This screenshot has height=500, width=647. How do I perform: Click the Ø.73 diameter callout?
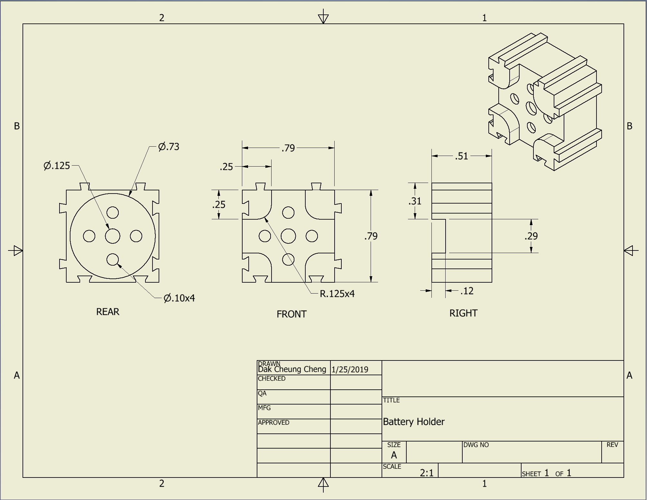click(169, 147)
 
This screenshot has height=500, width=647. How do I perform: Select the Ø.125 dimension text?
click(57, 166)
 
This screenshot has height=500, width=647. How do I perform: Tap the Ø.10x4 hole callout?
click(179, 298)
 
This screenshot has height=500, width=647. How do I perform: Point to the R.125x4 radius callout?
click(337, 294)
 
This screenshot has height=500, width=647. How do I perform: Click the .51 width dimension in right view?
click(461, 156)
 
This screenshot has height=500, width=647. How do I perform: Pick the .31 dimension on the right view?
click(415, 201)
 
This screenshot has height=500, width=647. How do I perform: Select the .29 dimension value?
click(531, 236)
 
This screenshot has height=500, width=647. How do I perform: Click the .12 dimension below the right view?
click(467, 291)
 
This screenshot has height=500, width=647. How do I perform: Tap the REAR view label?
click(108, 312)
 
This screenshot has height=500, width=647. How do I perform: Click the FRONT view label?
click(291, 314)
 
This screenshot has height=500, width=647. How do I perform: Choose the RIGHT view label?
click(463, 313)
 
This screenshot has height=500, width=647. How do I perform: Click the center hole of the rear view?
click(113, 236)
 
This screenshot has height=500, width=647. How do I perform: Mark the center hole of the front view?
click(288, 236)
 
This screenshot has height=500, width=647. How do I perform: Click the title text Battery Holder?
click(413, 422)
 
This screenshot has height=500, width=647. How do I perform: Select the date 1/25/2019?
click(350, 369)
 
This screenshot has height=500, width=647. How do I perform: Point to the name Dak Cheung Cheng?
click(292, 369)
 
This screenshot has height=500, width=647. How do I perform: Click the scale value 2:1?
click(427, 473)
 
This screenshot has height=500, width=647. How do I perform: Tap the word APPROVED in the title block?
click(273, 423)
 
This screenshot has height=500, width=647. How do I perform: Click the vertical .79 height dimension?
click(371, 236)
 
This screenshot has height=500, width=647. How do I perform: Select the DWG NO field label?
click(476, 445)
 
